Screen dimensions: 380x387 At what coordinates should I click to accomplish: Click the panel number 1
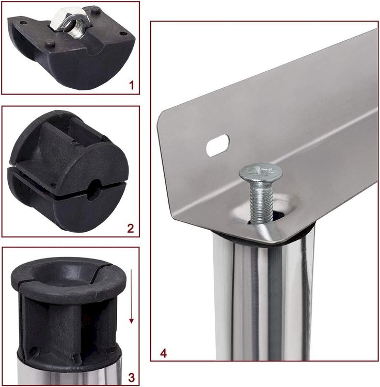(132, 85)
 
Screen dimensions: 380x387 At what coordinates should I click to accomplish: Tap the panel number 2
(131, 228)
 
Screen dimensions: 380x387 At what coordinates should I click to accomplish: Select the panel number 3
(132, 377)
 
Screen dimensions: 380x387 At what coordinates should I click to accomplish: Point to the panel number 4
(164, 353)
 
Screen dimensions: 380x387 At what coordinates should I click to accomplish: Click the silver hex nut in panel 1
(72, 23)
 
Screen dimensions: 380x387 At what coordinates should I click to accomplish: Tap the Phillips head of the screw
(261, 172)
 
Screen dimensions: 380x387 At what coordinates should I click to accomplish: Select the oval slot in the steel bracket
(217, 145)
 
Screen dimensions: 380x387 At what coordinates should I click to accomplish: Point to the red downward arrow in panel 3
(131, 296)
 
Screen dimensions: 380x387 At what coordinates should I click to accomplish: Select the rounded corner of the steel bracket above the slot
(163, 117)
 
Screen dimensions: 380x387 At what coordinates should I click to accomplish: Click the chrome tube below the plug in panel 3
(69, 374)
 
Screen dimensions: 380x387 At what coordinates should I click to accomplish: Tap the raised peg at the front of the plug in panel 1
(50, 43)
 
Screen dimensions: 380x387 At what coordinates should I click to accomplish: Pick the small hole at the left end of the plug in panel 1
(23, 23)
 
